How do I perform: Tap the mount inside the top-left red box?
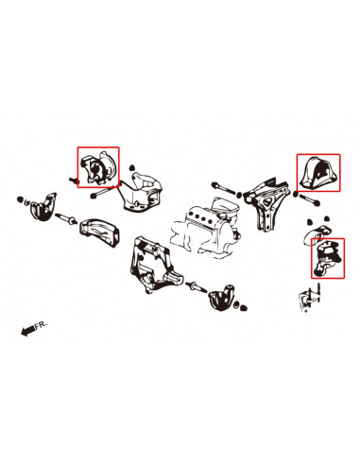tap(97, 170)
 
